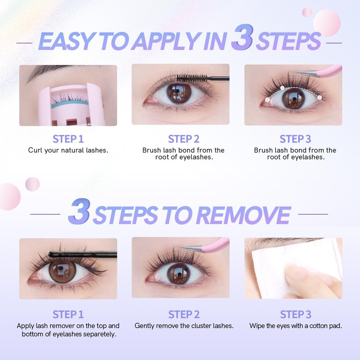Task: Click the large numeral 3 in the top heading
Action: click(x=243, y=37)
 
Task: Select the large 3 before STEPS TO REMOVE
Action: click(x=79, y=211)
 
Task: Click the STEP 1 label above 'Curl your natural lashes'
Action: click(x=68, y=139)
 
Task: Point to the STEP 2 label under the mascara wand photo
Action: click(x=184, y=139)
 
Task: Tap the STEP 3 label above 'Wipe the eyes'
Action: click(x=296, y=314)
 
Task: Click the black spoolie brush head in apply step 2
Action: click(x=193, y=78)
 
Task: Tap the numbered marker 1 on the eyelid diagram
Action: click(x=267, y=99)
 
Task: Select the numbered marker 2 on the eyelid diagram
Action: click(x=283, y=88)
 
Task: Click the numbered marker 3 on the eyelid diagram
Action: click(x=319, y=98)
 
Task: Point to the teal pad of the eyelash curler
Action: click(x=69, y=104)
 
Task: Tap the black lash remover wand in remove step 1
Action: click(x=83, y=254)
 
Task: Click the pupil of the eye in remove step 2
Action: click(x=179, y=273)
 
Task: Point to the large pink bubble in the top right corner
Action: click(x=327, y=23)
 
